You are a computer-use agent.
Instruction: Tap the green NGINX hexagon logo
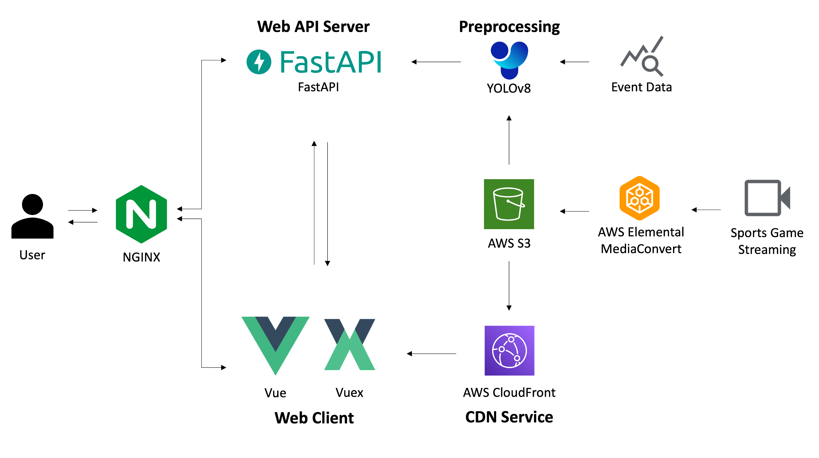click(x=142, y=214)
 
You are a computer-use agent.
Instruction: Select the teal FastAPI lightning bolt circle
click(x=259, y=62)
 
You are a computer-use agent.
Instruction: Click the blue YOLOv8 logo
click(x=509, y=60)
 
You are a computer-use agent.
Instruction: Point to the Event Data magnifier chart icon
click(x=642, y=56)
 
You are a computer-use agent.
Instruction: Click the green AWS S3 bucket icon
click(x=509, y=204)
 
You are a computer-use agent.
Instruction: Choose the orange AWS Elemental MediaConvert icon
click(x=639, y=198)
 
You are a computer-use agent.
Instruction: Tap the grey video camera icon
click(x=767, y=198)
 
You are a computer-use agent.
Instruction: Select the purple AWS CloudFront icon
click(x=509, y=350)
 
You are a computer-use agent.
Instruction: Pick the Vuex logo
click(x=350, y=344)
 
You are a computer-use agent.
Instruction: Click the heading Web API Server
click(x=313, y=26)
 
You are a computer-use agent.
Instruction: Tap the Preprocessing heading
click(x=509, y=27)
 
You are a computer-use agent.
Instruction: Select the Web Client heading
click(x=314, y=418)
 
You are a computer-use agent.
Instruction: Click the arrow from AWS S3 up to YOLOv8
click(x=509, y=140)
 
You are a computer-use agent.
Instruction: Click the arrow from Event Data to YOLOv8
click(x=574, y=62)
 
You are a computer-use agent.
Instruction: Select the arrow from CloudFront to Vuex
click(x=431, y=354)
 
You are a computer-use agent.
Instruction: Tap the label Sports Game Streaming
click(x=767, y=241)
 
